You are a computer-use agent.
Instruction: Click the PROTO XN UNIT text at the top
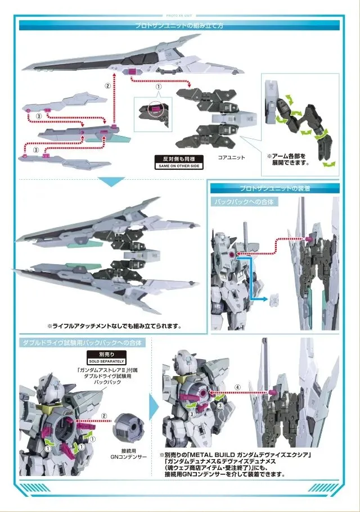click(x=180, y=16)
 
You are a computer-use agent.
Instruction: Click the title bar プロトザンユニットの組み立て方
click(x=180, y=25)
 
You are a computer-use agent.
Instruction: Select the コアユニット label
click(x=232, y=158)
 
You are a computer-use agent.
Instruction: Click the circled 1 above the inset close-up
click(x=159, y=88)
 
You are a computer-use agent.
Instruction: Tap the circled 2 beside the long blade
click(x=107, y=86)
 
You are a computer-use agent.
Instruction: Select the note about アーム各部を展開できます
click(x=290, y=159)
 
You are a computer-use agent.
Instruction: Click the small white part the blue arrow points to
click(x=275, y=297)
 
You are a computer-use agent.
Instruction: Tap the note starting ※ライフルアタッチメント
click(x=114, y=325)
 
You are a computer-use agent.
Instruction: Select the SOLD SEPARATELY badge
click(x=106, y=358)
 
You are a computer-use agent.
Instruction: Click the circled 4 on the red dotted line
click(x=237, y=387)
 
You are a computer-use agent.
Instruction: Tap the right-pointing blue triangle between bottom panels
click(x=153, y=403)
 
